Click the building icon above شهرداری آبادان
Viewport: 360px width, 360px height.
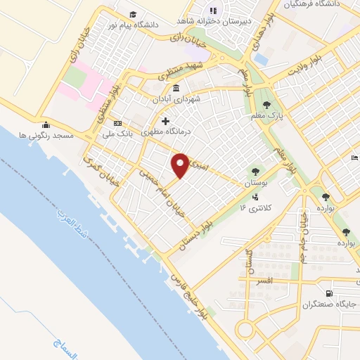tap(175, 89)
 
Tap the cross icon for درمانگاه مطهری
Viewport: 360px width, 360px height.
tap(165, 121)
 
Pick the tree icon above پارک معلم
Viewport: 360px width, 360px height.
tap(267, 104)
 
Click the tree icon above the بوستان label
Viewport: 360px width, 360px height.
tap(254, 171)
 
